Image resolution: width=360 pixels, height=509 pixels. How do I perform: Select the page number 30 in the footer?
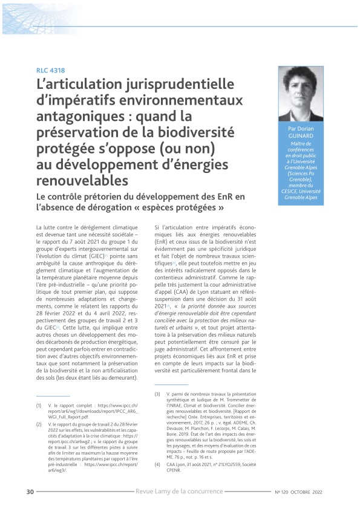[30, 490]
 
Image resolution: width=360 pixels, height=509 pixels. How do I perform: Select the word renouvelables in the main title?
[82, 180]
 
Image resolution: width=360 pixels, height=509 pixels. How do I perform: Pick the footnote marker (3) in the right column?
[157, 394]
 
